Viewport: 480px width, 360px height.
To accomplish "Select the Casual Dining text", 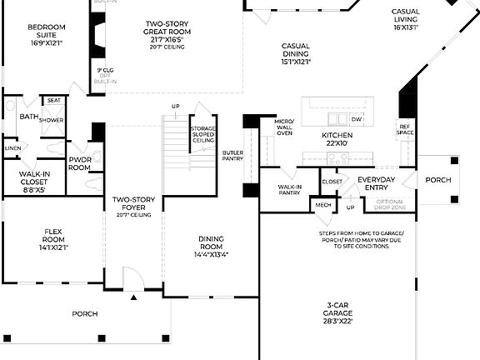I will click(296, 53).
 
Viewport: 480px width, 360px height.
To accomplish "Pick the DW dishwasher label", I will click(356, 119).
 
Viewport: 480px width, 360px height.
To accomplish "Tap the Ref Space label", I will click(405, 129).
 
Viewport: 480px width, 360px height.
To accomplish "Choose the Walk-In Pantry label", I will click(289, 191).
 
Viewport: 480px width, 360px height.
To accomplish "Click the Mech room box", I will click(322, 204).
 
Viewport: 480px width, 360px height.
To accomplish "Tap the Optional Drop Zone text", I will click(389, 204).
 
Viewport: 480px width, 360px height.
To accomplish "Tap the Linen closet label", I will click(12, 148).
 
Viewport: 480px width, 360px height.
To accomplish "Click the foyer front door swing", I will click(130, 281).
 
